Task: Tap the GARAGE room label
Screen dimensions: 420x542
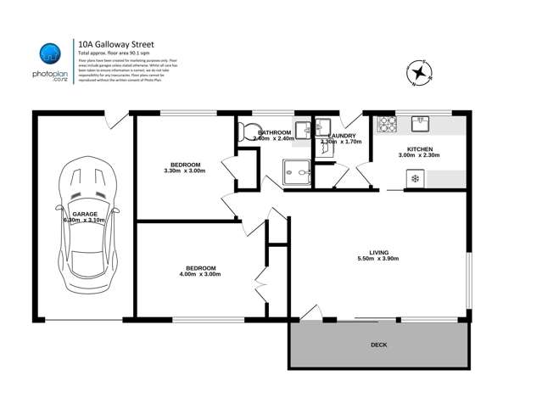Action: (84, 214)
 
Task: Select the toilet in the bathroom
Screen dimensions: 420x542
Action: (244, 131)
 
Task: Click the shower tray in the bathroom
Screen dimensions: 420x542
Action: (297, 172)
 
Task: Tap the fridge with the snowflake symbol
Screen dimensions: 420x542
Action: (415, 178)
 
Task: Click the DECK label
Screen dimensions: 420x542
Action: (378, 344)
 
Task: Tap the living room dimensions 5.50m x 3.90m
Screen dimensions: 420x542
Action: (378, 259)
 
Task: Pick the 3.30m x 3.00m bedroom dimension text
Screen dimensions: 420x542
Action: (185, 171)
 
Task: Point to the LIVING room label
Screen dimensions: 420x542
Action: (378, 252)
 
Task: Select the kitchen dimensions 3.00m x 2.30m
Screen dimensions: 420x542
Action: (419, 156)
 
